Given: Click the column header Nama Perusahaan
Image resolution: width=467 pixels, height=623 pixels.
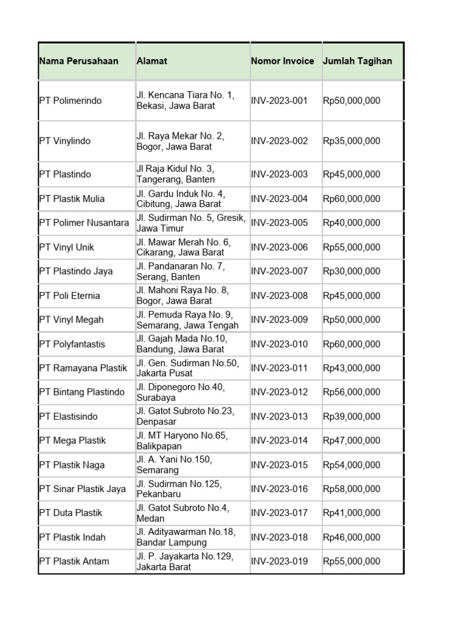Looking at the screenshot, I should [78, 61].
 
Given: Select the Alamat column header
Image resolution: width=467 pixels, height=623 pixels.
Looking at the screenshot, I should [152, 61].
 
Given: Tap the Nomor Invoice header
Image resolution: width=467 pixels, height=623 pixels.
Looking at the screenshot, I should [282, 61].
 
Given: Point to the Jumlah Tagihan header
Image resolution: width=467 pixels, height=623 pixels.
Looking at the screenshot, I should [357, 61].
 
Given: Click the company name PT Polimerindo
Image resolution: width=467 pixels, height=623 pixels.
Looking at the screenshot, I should [71, 100].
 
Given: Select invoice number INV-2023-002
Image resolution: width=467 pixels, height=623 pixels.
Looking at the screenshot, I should [279, 141].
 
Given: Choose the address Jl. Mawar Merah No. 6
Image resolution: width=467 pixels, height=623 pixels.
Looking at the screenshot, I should [183, 247].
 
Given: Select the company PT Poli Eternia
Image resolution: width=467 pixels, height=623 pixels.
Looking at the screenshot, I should [69, 296].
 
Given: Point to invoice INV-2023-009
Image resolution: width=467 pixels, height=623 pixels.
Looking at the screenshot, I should [279, 319].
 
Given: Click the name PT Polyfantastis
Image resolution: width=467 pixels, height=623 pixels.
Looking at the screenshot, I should [72, 344].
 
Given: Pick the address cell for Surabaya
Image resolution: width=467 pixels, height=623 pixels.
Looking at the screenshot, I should [180, 392].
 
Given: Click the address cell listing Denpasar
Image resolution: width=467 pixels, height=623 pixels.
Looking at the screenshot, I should [185, 416].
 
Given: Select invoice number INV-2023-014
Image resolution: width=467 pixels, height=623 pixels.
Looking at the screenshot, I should [279, 440].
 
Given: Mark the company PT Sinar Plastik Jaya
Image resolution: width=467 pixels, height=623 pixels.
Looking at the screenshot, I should [82, 489].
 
